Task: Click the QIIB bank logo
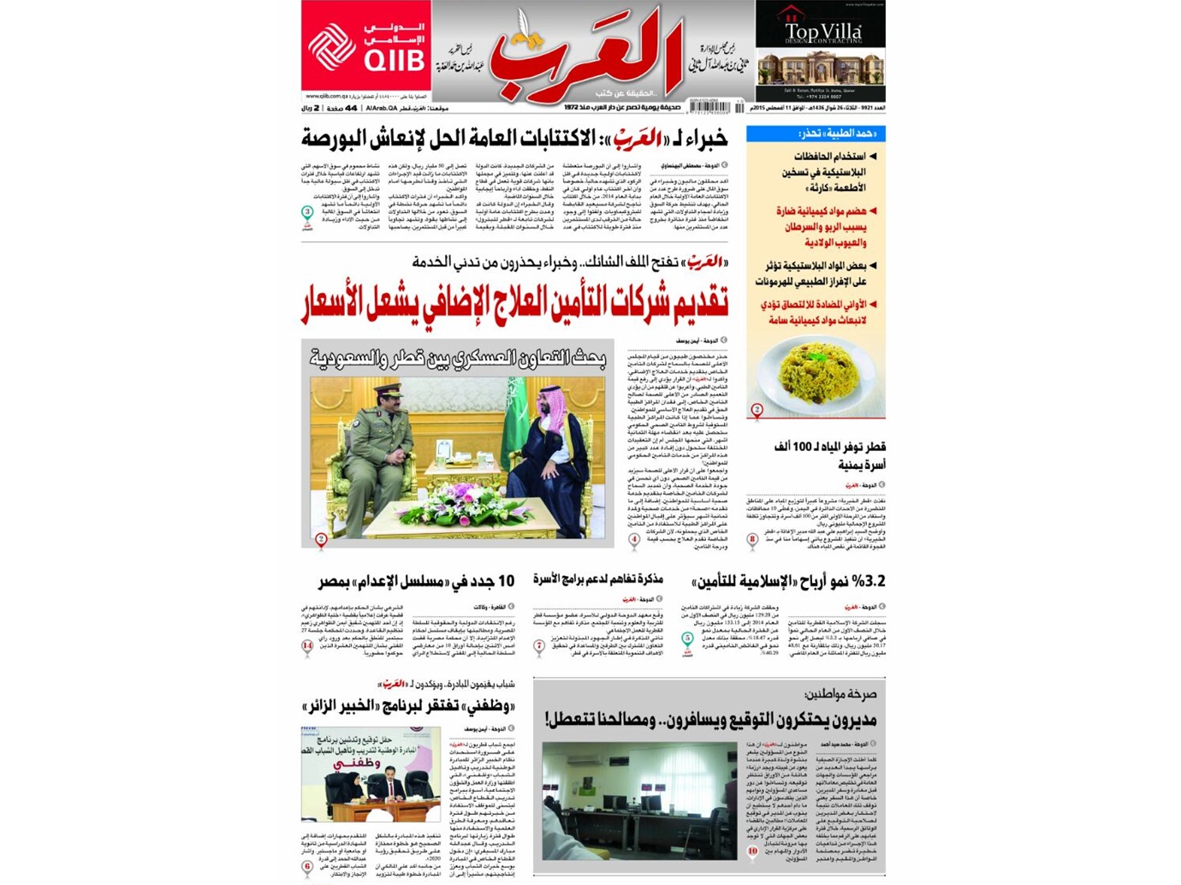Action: (x=365, y=47)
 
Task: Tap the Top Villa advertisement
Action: (x=820, y=51)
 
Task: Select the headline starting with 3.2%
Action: (x=787, y=582)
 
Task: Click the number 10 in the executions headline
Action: (x=505, y=582)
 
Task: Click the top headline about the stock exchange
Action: (x=514, y=138)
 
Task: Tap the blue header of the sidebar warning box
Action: (x=816, y=134)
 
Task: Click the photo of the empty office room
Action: (x=639, y=800)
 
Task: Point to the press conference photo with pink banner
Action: (x=371, y=774)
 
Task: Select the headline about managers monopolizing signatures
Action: (x=710, y=720)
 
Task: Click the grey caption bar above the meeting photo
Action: (x=457, y=359)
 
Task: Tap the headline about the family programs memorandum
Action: (x=598, y=580)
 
